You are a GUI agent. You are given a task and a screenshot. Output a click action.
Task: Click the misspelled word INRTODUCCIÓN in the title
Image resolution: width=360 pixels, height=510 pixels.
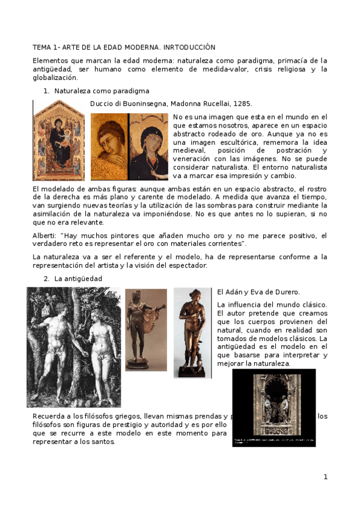point(188,47)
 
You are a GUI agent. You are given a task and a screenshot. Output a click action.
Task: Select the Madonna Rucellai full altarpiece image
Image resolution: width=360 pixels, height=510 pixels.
point(58,140)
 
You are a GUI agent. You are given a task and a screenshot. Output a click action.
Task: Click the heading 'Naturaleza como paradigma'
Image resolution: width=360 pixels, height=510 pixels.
point(102,91)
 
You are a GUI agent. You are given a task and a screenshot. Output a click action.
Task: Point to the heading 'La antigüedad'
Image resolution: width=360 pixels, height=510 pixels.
point(78,278)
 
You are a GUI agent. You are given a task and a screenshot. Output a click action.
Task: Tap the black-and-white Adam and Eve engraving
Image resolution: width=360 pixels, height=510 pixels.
point(73,347)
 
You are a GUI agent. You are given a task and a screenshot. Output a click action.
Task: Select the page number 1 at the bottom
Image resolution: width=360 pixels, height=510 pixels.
point(325,477)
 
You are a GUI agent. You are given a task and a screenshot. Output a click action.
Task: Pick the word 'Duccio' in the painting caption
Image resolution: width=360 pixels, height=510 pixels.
point(101,103)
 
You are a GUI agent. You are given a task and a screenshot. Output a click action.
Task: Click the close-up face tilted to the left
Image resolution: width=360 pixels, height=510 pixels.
point(109,147)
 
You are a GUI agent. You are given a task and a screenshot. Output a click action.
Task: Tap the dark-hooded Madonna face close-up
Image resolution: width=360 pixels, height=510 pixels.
point(148,147)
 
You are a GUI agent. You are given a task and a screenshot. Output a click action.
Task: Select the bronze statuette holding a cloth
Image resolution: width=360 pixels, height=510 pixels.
point(145,330)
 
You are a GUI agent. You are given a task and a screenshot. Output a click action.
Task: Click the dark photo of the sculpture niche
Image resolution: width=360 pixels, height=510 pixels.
point(273,407)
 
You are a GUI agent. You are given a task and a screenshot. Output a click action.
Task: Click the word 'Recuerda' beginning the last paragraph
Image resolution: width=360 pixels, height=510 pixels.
point(47,416)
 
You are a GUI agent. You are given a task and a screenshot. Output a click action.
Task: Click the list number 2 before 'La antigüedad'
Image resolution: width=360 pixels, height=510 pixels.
point(46,278)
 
